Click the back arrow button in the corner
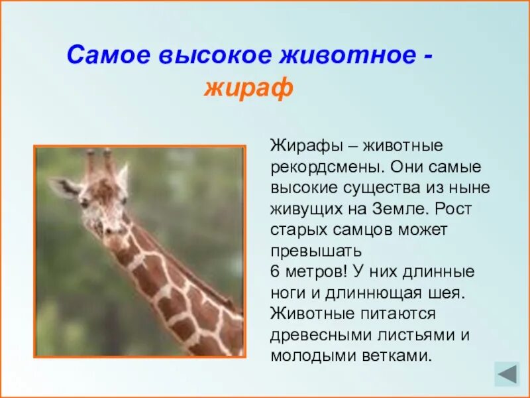507,374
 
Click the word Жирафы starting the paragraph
299,145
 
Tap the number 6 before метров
275,272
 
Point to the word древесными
317,335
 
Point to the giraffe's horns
98,163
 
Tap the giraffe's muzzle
99,226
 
